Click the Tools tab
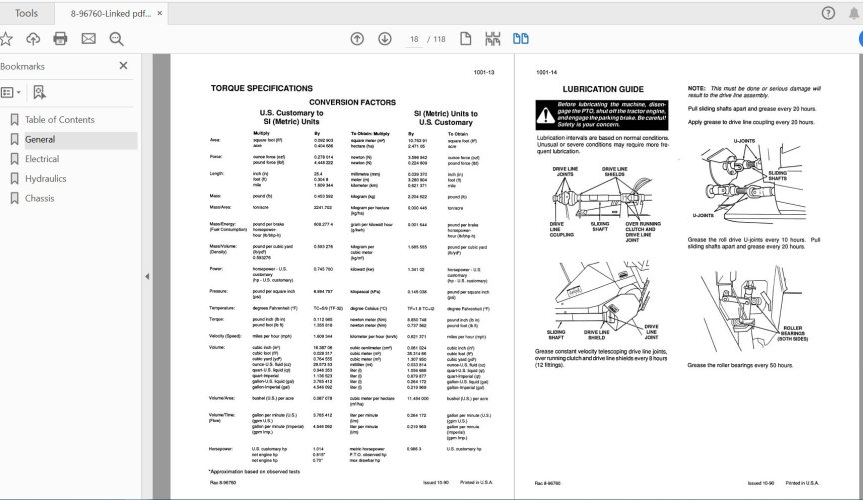[27, 13]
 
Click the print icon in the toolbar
[60, 39]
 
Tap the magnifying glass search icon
[116, 39]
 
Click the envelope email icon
[88, 39]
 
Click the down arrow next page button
[385, 39]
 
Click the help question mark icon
[827, 13]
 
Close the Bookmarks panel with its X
[123, 66]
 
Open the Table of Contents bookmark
[59, 120]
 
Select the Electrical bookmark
[42, 159]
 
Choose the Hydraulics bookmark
[46, 179]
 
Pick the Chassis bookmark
[40, 198]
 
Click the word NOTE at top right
[696, 87]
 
